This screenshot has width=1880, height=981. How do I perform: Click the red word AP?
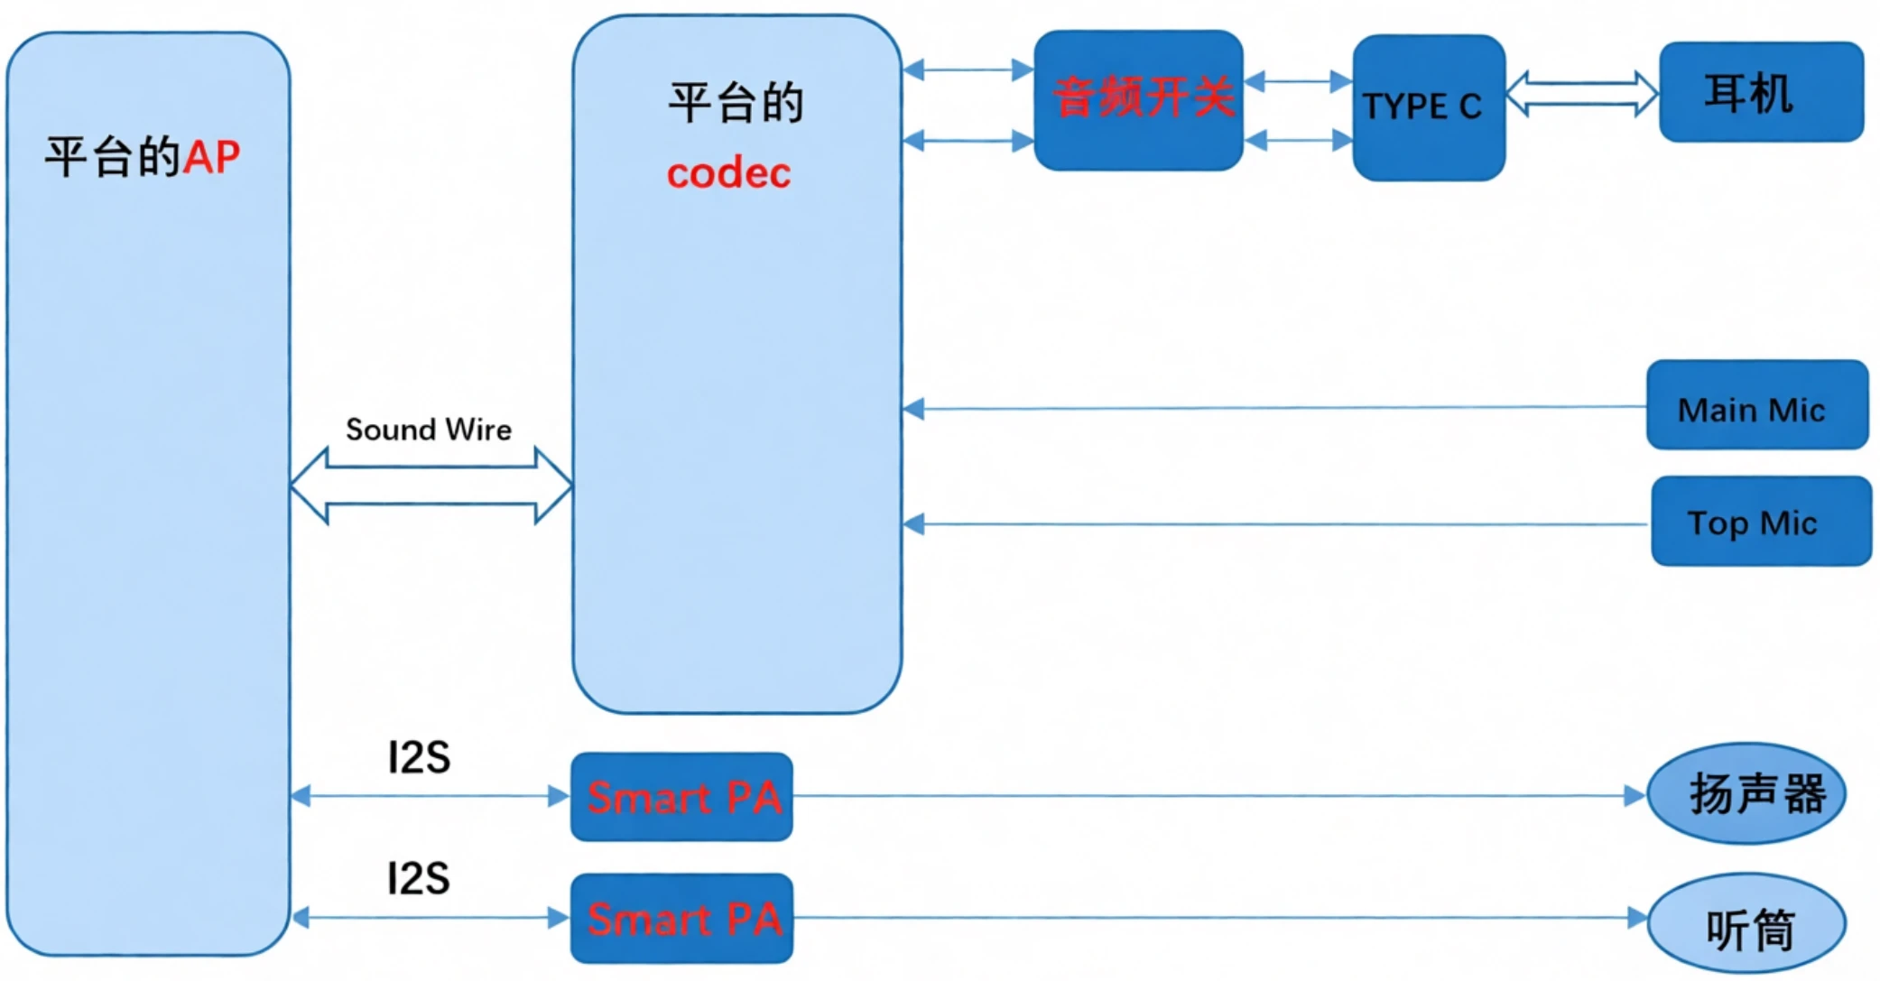pyautogui.click(x=211, y=158)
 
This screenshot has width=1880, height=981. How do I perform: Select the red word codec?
pyautogui.click(x=728, y=173)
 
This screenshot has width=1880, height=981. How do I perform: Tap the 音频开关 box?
pyautogui.click(x=1138, y=99)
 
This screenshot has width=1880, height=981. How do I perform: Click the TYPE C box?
pyautogui.click(x=1428, y=107)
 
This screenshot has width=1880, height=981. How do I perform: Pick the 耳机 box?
pyautogui.click(x=1761, y=92)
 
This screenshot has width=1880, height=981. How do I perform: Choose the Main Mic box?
pyautogui.click(x=1756, y=405)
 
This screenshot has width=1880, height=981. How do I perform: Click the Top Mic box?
pyautogui.click(x=1760, y=522)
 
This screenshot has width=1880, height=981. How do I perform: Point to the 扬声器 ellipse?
pyautogui.click(x=1746, y=794)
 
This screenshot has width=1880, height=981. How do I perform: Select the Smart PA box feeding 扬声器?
pyautogui.click(x=681, y=797)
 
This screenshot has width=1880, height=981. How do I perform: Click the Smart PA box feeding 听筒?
pyautogui.click(x=681, y=918)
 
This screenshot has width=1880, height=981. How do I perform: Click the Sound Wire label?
pyautogui.click(x=429, y=430)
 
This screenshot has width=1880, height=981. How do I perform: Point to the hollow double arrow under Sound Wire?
pyautogui.click(x=431, y=486)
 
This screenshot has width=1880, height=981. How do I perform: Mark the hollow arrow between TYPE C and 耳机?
pyautogui.click(x=1581, y=94)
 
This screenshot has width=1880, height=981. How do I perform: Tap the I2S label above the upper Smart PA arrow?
pyautogui.click(x=419, y=757)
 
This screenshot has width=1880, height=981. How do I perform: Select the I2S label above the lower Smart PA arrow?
pyautogui.click(x=419, y=878)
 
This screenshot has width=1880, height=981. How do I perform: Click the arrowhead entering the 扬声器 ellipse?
pyautogui.click(x=1635, y=796)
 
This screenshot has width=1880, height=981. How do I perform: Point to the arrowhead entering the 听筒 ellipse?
pyautogui.click(x=1636, y=918)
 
